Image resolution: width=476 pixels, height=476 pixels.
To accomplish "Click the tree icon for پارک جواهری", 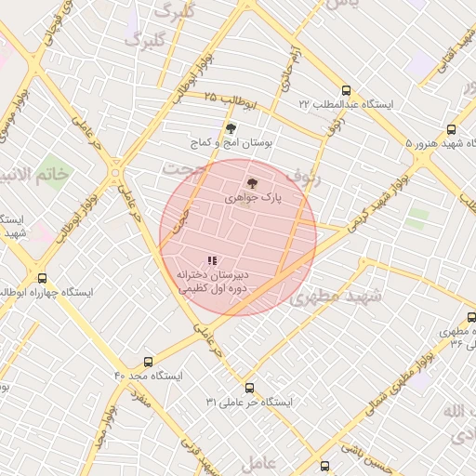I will [x=250, y=183].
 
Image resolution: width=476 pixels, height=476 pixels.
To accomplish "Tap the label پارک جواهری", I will [x=252, y=198].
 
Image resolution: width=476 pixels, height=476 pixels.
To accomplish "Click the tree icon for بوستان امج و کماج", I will [x=231, y=129].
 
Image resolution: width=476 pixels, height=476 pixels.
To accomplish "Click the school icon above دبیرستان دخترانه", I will [x=212, y=260].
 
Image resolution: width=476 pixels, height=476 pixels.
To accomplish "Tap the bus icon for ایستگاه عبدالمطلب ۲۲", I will [x=347, y=91].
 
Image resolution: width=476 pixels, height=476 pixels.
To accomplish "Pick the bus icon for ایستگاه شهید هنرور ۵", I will [x=451, y=130].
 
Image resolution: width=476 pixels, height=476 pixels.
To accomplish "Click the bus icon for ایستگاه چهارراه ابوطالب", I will [x=42, y=277].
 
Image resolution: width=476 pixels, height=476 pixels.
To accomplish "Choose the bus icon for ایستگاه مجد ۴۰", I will [x=149, y=362].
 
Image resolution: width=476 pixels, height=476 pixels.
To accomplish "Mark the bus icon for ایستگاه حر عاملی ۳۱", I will [x=249, y=388].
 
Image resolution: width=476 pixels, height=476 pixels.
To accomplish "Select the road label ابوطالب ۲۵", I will [x=213, y=98].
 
